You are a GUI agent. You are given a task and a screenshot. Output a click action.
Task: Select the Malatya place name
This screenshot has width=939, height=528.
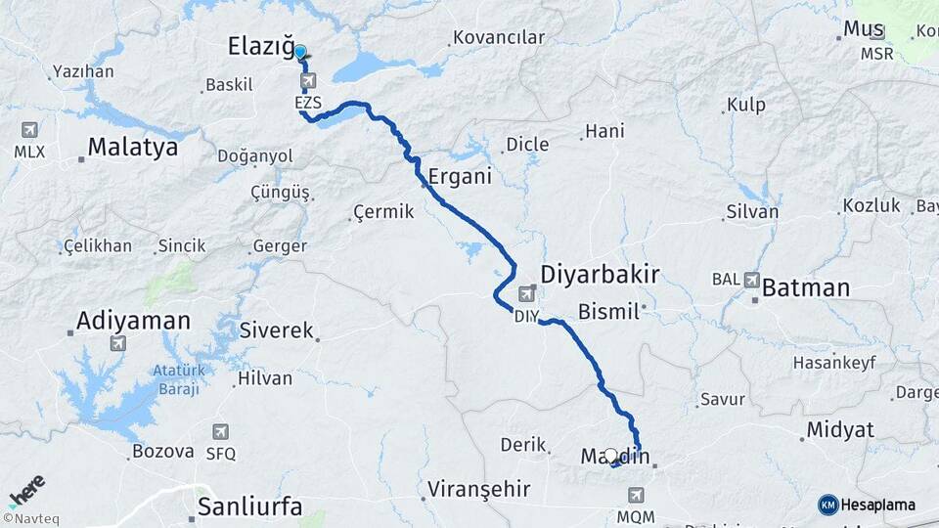[133, 148]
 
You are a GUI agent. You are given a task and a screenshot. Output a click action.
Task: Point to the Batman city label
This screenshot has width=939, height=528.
[805, 287]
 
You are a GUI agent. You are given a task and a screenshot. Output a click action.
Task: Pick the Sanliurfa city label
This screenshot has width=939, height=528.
[249, 506]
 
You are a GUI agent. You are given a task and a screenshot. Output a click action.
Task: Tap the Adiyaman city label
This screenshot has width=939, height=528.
[133, 320]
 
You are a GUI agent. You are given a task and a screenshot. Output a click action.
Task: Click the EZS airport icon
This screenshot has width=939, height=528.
[309, 80]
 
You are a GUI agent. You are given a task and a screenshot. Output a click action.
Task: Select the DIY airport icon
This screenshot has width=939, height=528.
[527, 293]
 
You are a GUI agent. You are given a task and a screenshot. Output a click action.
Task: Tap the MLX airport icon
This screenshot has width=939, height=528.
[28, 130]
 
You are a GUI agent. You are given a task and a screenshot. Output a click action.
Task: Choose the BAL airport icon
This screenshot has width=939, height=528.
[751, 280]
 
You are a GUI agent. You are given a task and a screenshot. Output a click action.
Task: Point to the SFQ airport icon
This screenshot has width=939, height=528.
[220, 432]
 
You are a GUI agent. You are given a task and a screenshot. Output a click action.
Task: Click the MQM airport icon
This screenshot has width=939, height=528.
[637, 496]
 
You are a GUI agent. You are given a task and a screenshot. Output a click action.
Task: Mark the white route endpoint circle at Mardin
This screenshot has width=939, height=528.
[611, 455]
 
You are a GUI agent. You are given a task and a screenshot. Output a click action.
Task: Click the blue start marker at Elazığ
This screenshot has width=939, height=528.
[299, 53]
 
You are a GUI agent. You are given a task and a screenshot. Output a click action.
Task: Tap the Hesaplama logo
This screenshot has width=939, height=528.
[868, 505]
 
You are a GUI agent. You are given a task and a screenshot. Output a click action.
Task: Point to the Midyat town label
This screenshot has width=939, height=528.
[838, 430]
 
